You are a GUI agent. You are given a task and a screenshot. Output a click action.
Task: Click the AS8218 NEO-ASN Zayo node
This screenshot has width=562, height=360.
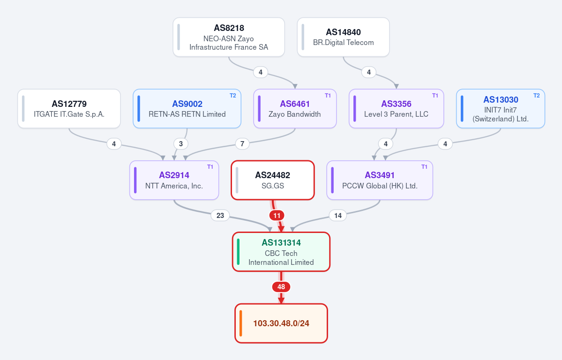pos(229,37)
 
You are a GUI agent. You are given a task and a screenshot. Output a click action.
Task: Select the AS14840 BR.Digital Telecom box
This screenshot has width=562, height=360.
pos(344,37)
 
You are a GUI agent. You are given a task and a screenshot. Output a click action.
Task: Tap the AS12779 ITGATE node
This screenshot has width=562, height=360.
pos(69,109)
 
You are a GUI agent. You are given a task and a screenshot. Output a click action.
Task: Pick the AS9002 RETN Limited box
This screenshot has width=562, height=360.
pos(187,109)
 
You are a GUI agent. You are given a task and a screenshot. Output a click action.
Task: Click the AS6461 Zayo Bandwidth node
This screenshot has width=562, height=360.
pos(295,109)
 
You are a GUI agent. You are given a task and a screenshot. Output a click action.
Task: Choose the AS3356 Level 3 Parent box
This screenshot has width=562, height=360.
pos(397,109)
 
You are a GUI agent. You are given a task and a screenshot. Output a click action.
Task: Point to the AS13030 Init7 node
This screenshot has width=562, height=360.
pos(501,109)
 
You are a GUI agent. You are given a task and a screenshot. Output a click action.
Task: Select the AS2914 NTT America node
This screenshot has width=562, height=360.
pos(174,180)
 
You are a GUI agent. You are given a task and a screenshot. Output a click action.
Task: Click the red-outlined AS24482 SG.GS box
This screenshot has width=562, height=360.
pos(273,180)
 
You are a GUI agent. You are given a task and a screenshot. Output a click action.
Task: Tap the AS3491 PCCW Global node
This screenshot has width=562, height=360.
pos(380,180)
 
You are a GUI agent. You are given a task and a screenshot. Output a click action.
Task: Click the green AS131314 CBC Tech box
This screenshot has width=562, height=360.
pos(281,252)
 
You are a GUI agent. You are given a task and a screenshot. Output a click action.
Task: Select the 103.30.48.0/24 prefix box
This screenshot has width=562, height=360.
pos(281,323)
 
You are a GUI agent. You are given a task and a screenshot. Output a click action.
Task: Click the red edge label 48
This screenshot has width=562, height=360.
pos(281,287)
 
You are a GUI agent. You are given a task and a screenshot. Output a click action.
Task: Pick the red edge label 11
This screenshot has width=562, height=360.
pos(277,216)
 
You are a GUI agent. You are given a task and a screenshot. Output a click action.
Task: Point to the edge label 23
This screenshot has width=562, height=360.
pos(220,216)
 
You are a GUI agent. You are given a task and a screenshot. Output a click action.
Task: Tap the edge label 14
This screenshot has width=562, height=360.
pos(337,216)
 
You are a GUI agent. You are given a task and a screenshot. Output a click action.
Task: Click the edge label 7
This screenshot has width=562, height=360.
pos(242,144)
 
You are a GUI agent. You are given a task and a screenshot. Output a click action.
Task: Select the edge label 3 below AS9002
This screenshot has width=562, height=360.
pos(180,144)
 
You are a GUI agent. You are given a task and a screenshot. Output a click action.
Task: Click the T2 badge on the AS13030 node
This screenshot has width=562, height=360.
pos(537,95)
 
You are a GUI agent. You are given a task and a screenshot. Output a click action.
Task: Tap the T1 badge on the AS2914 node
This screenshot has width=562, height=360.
pos(210,167)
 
